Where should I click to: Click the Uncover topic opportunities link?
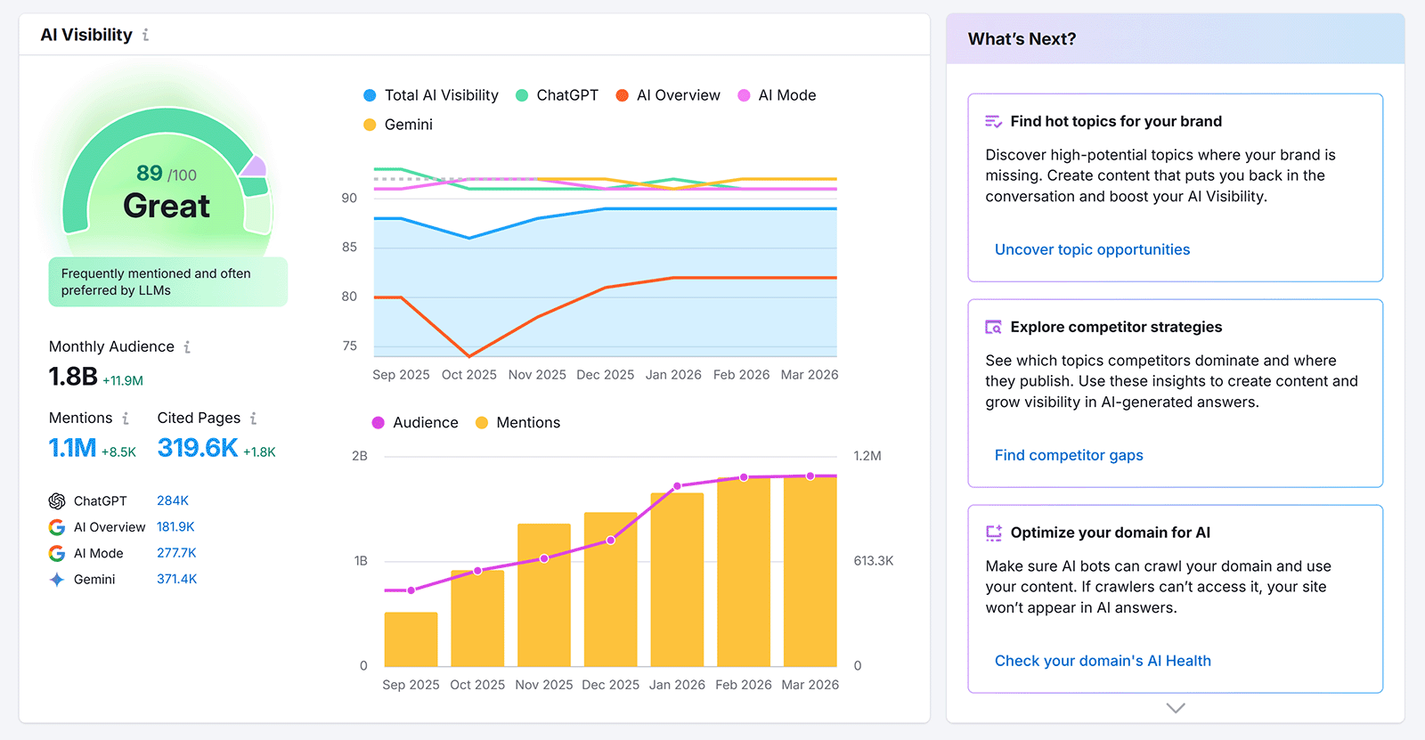point(1092,249)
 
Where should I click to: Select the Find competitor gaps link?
point(1069,455)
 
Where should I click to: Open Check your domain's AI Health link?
point(1103,661)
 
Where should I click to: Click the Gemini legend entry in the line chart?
point(398,125)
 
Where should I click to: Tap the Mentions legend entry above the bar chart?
point(518,423)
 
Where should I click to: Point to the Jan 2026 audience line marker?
point(677,486)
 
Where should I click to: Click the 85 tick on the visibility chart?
point(349,247)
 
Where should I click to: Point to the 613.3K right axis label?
point(873,561)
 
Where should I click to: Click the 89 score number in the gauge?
point(149,173)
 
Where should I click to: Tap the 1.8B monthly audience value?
point(73,377)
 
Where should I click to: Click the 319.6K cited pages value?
point(198,448)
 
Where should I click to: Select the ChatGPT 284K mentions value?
point(173,500)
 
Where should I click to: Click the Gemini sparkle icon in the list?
point(57,580)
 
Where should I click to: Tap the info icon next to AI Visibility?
point(145,35)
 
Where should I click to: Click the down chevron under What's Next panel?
point(1176,708)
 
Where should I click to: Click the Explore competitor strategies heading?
point(1116,327)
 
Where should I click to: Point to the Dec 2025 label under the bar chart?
point(610,685)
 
